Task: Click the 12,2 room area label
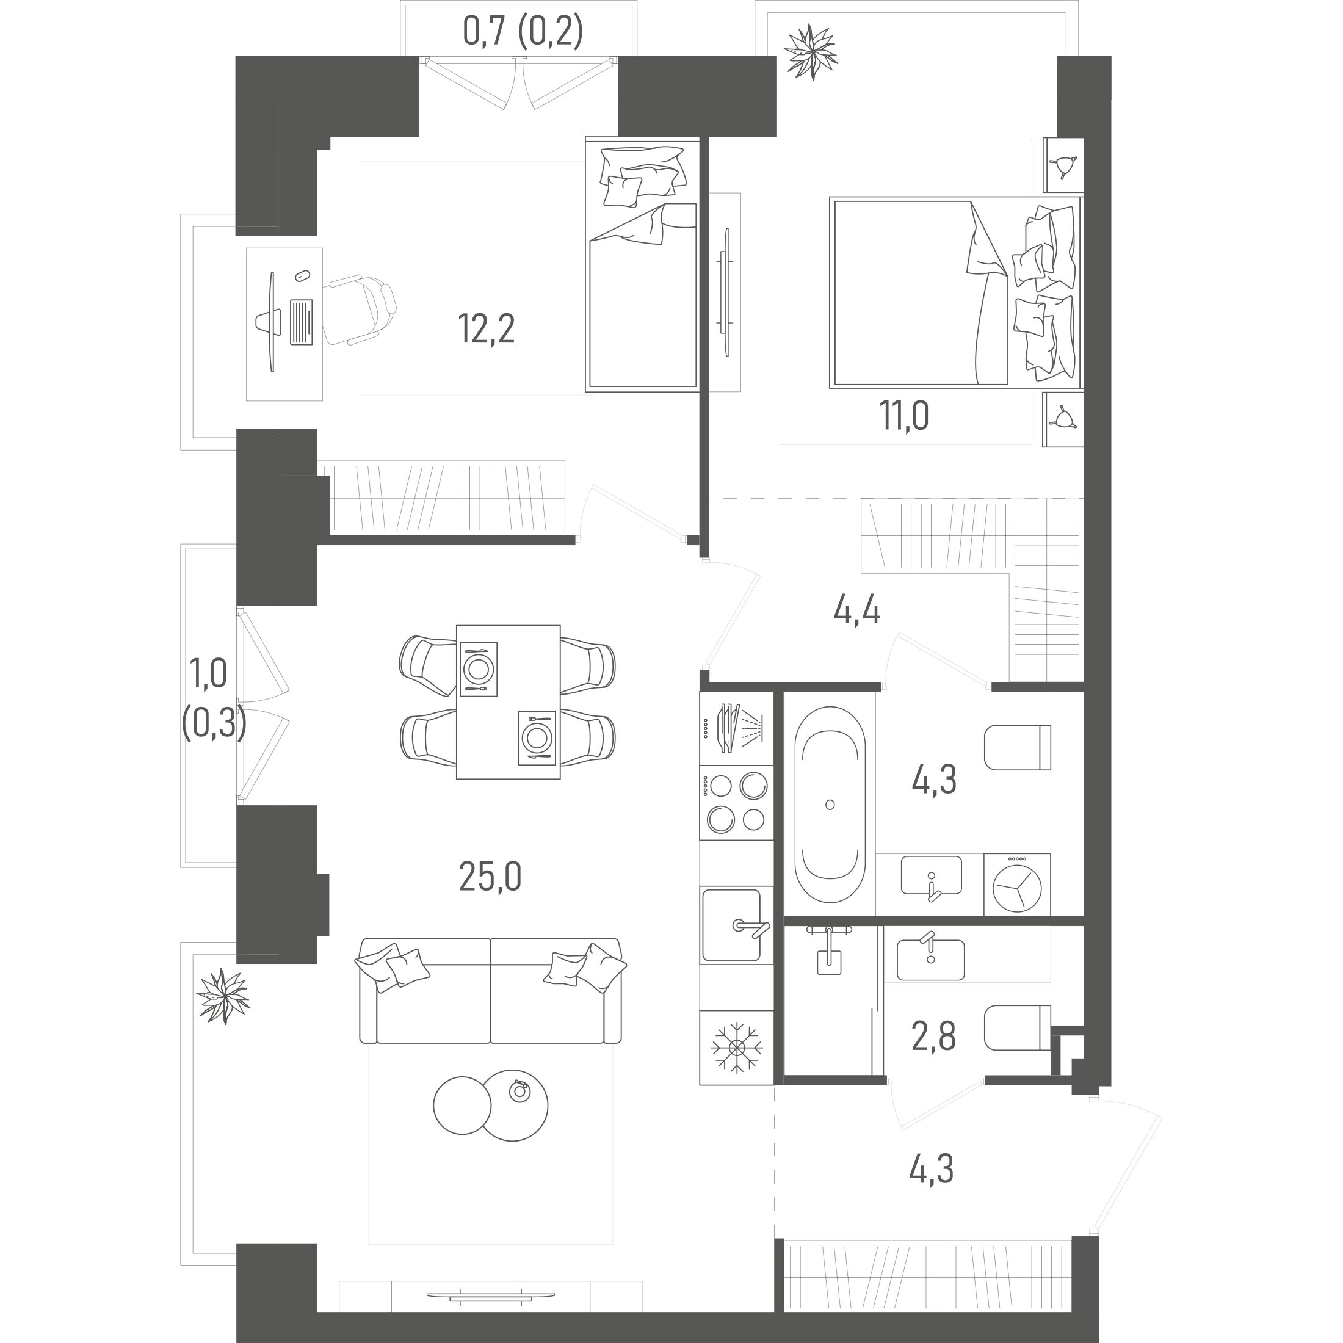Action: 487,330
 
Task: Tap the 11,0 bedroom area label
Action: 904,416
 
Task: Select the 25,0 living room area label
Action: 490,877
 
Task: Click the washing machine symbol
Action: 1017,884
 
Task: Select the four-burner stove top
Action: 736,803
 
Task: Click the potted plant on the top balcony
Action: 810,52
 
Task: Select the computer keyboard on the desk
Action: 301,322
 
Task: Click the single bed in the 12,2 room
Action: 642,264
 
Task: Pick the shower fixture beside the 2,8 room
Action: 828,949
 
